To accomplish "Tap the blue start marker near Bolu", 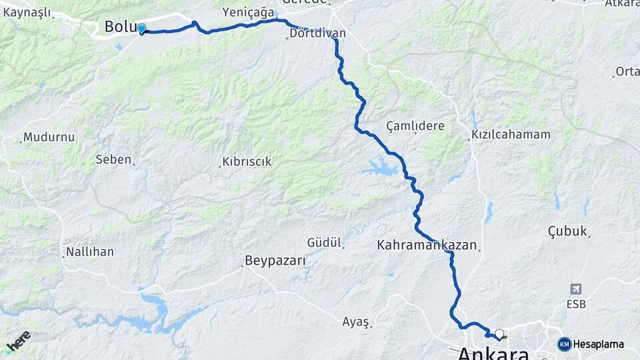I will click(x=141, y=29).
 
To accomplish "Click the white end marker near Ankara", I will click(x=499, y=333).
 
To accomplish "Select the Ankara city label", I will click(x=493, y=353).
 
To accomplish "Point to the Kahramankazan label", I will click(x=427, y=245).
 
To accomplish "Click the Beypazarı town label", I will click(x=275, y=261).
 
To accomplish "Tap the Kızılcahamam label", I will click(x=511, y=134).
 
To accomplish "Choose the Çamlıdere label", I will click(x=415, y=126).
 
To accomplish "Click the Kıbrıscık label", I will click(x=247, y=162).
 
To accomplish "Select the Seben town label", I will click(x=113, y=159).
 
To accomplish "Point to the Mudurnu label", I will click(x=48, y=137).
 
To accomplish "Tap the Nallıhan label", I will click(x=89, y=252).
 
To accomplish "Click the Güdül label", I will click(x=324, y=242).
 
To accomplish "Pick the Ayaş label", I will click(x=355, y=321).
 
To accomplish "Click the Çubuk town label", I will click(x=567, y=231).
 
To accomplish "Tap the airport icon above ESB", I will click(x=576, y=289).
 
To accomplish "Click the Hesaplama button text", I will click(x=599, y=344).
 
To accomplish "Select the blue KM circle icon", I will click(x=564, y=344).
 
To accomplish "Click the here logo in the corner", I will click(x=18, y=341).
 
